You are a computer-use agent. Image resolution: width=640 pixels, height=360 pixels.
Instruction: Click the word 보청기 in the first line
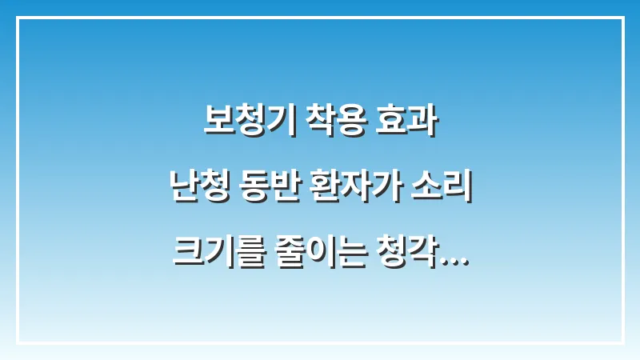(243, 123)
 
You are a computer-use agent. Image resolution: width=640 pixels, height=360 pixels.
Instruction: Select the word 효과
(407, 123)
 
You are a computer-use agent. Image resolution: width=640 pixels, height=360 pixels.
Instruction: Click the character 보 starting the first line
(214, 123)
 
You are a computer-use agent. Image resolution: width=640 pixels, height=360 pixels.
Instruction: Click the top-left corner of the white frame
(17, 17)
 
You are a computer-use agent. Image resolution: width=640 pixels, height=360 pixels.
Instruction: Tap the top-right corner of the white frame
(623, 17)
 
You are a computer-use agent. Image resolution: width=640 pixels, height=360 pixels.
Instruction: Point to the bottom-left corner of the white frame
(17, 343)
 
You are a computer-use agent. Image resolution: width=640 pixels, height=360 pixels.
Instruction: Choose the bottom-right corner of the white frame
(623, 343)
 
